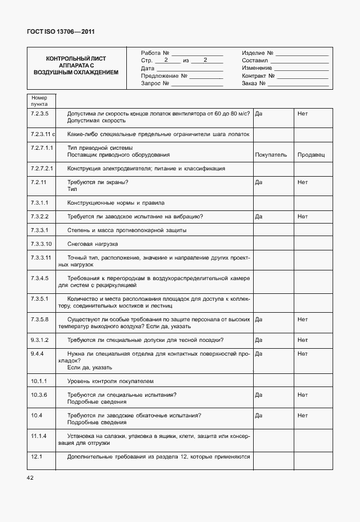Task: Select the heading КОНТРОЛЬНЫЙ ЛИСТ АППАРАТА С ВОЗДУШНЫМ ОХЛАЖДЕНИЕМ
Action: [x=76, y=66]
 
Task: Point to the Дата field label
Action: [x=147, y=68]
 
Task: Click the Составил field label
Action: [x=255, y=60]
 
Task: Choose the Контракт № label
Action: [x=258, y=75]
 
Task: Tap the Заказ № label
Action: [x=254, y=83]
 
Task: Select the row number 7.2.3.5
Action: [x=39, y=114]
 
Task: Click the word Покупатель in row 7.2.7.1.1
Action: [x=271, y=155]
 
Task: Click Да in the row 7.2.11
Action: [x=258, y=182]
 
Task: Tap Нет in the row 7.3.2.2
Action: [x=302, y=217]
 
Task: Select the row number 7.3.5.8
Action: [x=39, y=319]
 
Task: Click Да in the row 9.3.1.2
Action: [x=258, y=340]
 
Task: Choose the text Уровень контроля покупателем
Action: [x=110, y=381]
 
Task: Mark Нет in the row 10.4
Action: [x=302, y=415]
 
